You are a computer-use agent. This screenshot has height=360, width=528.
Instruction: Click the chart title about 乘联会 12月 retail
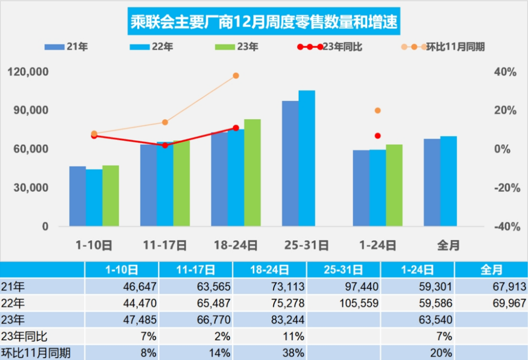[264, 22]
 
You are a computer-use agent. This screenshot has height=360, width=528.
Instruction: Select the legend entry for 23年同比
[330, 47]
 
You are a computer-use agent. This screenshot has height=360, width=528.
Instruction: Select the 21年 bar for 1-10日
[77, 196]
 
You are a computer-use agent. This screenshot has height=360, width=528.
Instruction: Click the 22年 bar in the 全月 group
[449, 181]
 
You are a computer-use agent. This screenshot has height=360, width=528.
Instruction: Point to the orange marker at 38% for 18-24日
[236, 75]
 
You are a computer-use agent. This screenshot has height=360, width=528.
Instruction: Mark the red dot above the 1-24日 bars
[378, 135]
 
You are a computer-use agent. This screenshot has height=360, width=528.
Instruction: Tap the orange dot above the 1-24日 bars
[378, 110]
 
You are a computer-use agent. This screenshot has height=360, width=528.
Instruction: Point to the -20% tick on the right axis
[505, 188]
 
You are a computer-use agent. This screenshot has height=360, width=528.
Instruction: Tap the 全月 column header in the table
[491, 270]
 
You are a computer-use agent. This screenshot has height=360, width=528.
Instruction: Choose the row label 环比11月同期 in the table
[35, 353]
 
